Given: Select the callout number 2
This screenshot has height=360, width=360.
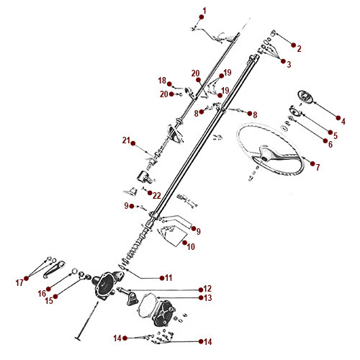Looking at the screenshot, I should [x=299, y=49].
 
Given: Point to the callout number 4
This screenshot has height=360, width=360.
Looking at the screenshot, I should [x=343, y=121].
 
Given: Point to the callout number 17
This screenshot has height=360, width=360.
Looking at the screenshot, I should [x=19, y=282].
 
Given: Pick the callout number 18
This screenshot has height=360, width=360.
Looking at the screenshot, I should [x=162, y=81].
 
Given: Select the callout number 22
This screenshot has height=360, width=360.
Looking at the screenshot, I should [x=157, y=195].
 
